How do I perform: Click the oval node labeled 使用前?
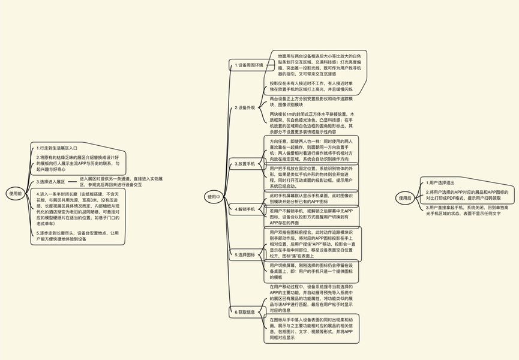pos(15,193)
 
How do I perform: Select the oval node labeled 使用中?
pos(214,196)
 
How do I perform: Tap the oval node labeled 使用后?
pos(404,197)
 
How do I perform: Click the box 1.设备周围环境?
pos(249,65)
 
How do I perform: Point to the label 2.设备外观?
pos(245,107)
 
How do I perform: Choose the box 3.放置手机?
pos(246,163)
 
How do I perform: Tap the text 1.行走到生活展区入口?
pos(57,147)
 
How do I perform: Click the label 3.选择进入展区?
pos(51,181)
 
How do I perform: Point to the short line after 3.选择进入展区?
pos(73,181)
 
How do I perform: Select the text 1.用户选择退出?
pos(445,182)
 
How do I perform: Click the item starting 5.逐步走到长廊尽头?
pos(76,236)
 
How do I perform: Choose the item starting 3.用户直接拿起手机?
pos(467,209)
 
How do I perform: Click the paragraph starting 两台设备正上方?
pos(311,100)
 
